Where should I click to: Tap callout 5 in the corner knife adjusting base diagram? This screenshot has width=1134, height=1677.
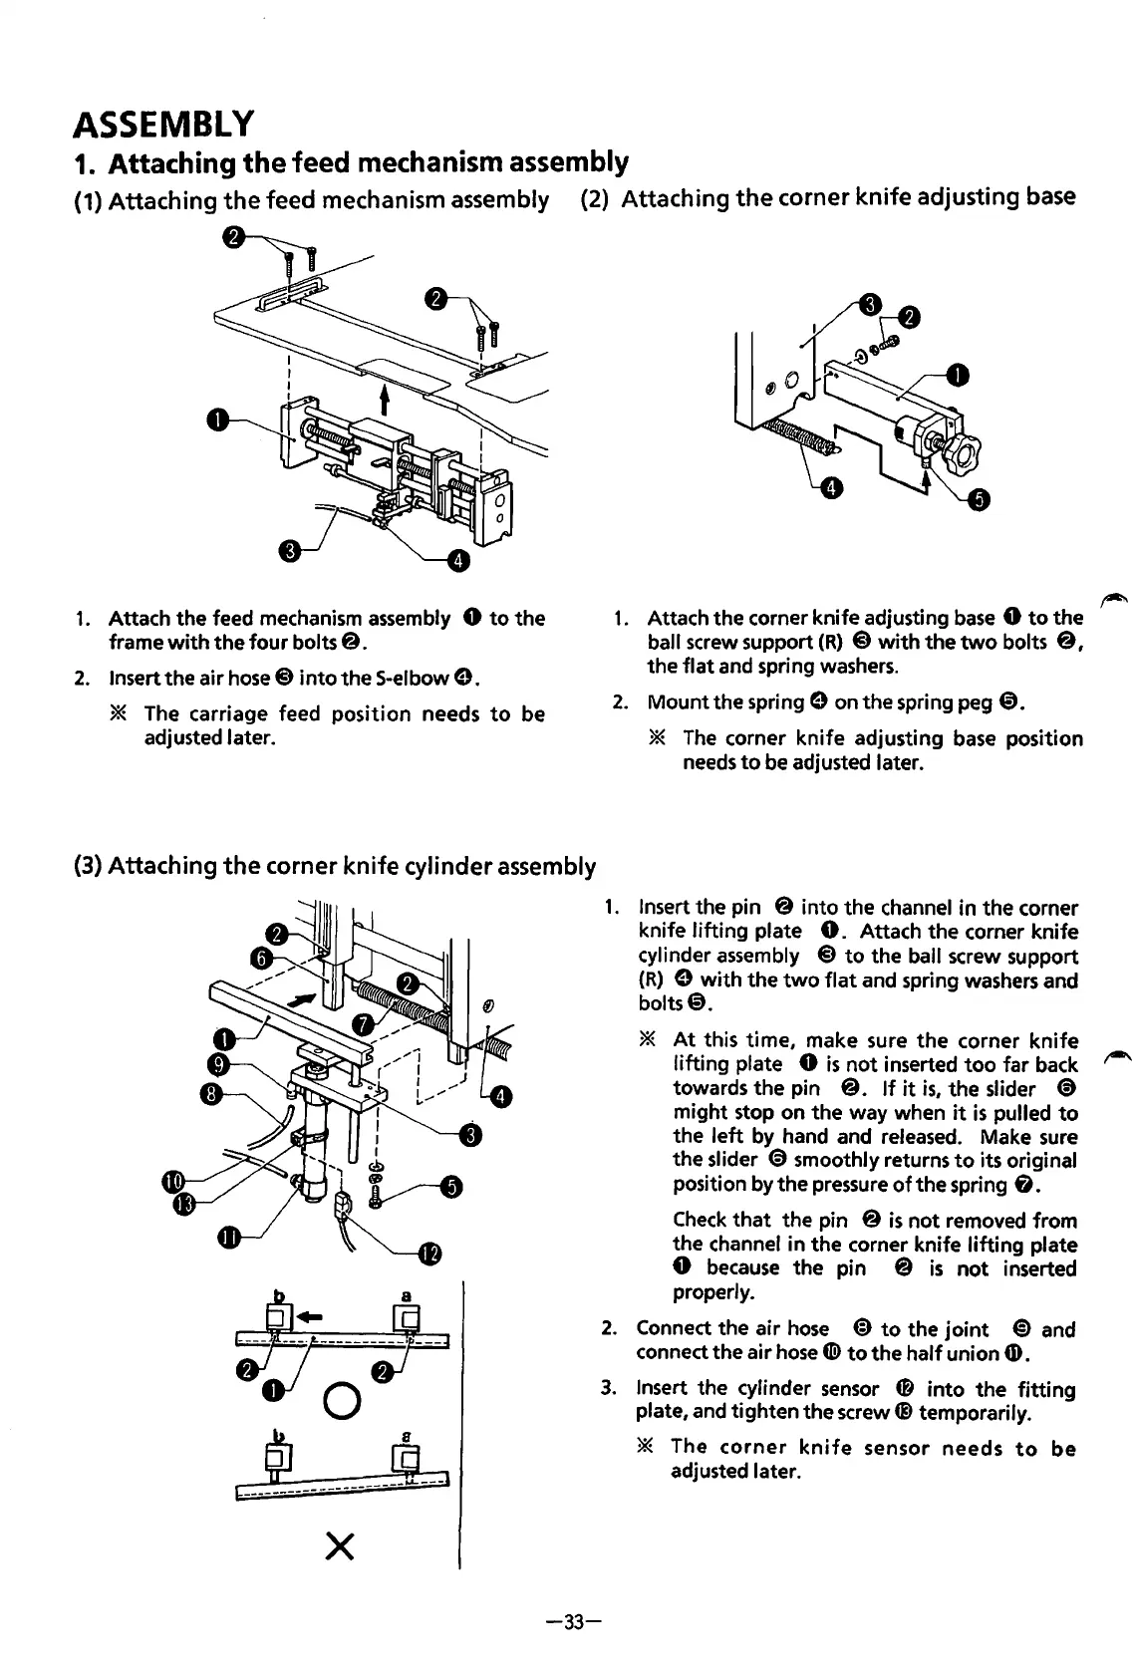pyautogui.click(x=978, y=500)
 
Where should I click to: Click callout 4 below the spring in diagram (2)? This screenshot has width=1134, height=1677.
pyautogui.click(x=829, y=487)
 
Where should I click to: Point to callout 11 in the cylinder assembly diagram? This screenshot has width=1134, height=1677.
pyautogui.click(x=228, y=1238)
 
